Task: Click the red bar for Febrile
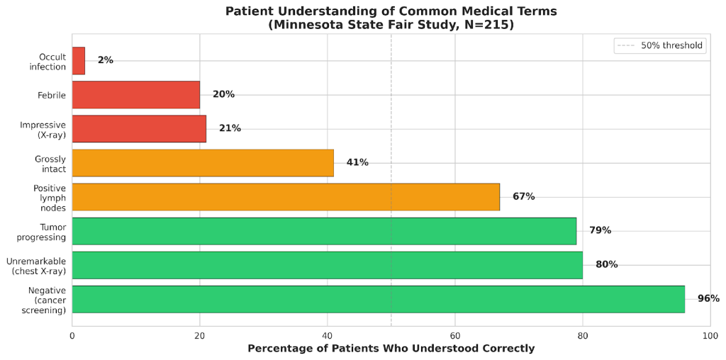click(x=135, y=95)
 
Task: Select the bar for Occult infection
click(x=79, y=61)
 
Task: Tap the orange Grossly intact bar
click(x=203, y=163)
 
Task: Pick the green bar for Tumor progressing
click(x=324, y=231)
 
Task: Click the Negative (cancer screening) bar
click(x=378, y=299)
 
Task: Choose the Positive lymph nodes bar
click(x=286, y=197)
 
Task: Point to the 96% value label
click(x=708, y=299)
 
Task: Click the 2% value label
click(x=106, y=61)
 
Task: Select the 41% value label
click(x=357, y=163)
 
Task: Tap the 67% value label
click(x=523, y=197)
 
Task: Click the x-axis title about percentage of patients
click(x=391, y=349)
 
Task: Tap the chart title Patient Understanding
click(x=391, y=11)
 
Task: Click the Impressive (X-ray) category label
click(x=43, y=129)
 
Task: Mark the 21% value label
click(x=230, y=129)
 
